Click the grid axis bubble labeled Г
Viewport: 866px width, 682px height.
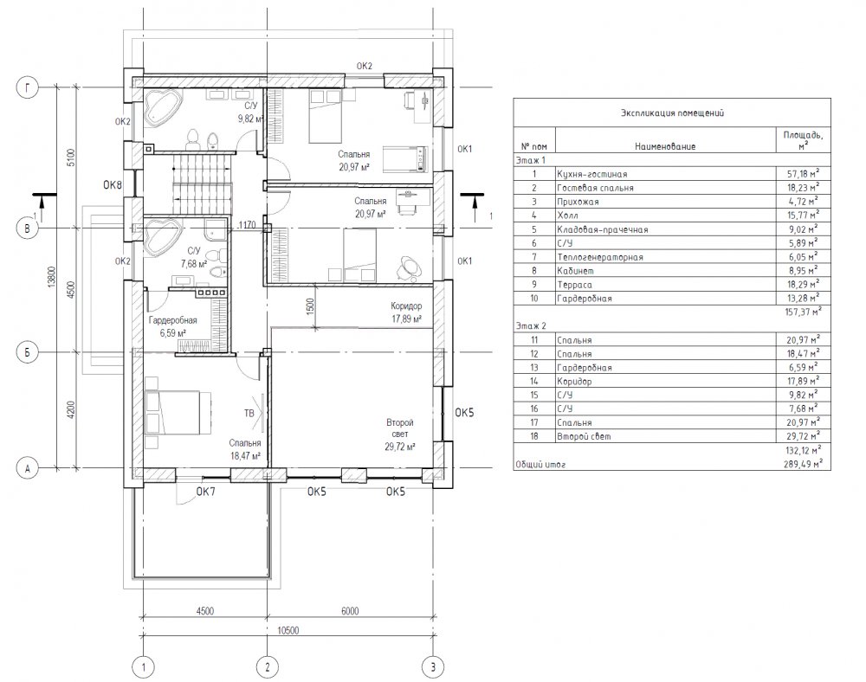click(28, 87)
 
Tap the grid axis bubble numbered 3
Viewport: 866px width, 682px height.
click(433, 667)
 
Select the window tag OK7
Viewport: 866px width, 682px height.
click(205, 492)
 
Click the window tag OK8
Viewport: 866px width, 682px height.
click(113, 185)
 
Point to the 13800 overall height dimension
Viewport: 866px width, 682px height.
click(51, 277)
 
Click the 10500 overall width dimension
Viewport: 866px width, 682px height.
click(288, 630)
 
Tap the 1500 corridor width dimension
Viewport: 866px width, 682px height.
click(310, 306)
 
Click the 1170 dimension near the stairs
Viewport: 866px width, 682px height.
click(246, 224)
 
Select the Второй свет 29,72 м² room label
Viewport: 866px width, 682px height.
click(400, 434)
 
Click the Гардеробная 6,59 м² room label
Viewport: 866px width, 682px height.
click(173, 326)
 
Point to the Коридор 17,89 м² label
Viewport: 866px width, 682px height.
click(406, 312)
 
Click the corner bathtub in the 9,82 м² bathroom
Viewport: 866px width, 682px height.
click(163, 107)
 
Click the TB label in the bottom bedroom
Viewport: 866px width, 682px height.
click(249, 413)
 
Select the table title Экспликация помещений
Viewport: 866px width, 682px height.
click(672, 113)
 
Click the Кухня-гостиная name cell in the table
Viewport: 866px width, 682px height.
click(591, 174)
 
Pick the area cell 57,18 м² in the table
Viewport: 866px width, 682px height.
click(803, 174)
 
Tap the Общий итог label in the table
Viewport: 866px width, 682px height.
click(540, 465)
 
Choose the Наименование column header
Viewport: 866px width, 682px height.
click(665, 147)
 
